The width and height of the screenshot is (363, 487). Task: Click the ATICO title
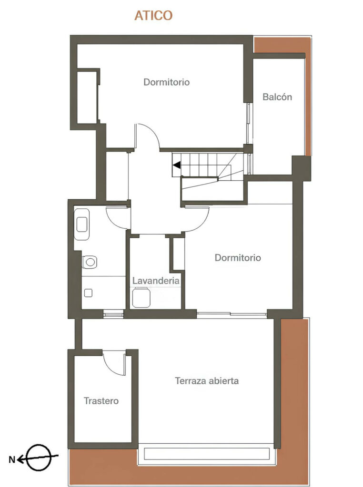click(153, 16)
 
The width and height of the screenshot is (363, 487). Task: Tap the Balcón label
click(277, 97)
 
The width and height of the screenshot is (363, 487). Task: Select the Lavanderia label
click(156, 281)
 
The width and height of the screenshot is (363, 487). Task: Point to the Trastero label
click(101, 400)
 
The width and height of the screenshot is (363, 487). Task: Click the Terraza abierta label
click(207, 381)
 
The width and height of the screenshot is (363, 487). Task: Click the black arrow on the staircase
click(177, 165)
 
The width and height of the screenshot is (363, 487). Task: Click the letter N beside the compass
click(12, 459)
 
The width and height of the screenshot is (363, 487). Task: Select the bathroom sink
click(81, 224)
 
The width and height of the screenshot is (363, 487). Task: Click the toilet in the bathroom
click(90, 262)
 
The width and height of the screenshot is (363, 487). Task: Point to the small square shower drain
click(88, 293)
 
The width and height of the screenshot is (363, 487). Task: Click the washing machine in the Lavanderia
click(141, 298)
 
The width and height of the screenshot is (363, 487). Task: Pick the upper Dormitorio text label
click(166, 82)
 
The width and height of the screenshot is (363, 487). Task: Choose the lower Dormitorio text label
click(238, 257)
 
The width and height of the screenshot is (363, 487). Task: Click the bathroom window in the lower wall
click(113, 314)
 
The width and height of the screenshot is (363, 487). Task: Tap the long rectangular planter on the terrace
click(207, 454)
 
